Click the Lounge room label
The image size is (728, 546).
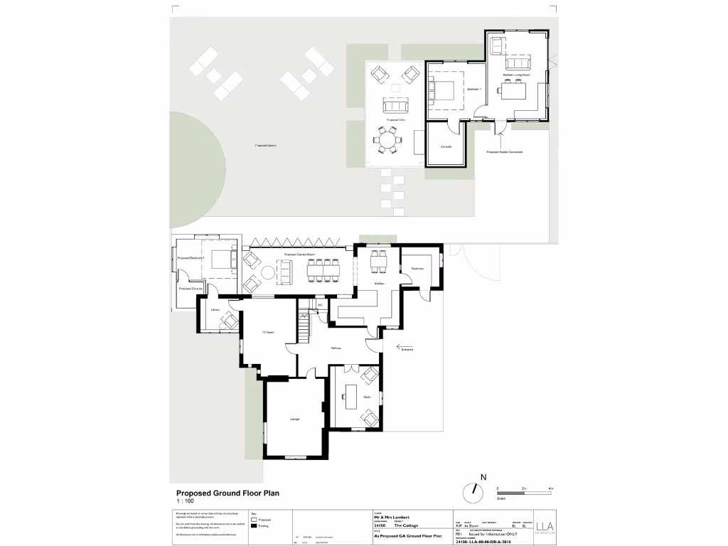tap(294, 419)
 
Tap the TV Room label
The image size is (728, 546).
tap(269, 333)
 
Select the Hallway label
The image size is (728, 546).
tap(336, 348)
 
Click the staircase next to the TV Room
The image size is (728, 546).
tap(304, 328)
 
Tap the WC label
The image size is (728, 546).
tap(321, 305)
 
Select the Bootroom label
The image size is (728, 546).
tap(417, 269)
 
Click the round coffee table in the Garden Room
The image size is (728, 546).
tap(266, 272)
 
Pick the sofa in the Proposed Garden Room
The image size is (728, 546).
tap(284, 271)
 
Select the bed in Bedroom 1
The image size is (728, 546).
tap(444, 90)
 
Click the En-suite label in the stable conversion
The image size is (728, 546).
tap(446, 146)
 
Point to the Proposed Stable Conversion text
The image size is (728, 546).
tap(505, 151)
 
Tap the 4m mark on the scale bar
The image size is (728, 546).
tap(551, 489)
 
